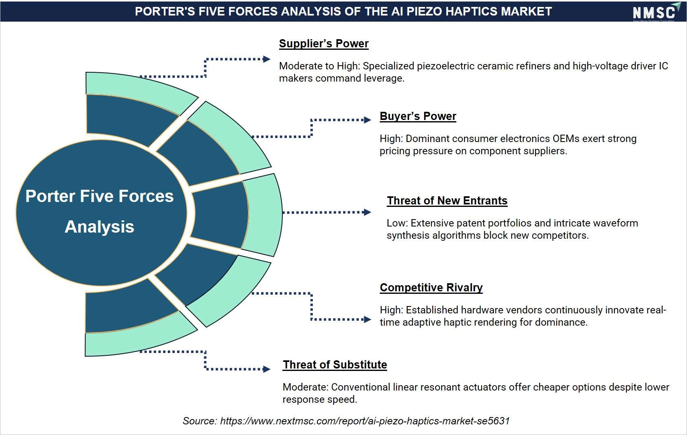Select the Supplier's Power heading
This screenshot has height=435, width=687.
pos(324,44)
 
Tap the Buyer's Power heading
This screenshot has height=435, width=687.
pos(418,116)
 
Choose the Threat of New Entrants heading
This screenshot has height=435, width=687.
pos(447,201)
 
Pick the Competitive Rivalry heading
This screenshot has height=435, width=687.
pos(431,288)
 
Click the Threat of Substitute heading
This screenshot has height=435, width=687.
pos(335,365)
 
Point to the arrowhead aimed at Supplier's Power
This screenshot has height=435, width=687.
pos(266,59)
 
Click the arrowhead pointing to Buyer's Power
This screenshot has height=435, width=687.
pos(368,120)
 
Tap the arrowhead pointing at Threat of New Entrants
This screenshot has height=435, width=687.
pos(368,212)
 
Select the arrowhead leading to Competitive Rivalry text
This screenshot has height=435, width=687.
pos(368,320)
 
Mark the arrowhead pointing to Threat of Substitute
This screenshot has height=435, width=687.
pos(266,369)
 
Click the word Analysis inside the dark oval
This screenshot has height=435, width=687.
pos(99,227)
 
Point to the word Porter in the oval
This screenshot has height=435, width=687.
pos(50,196)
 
